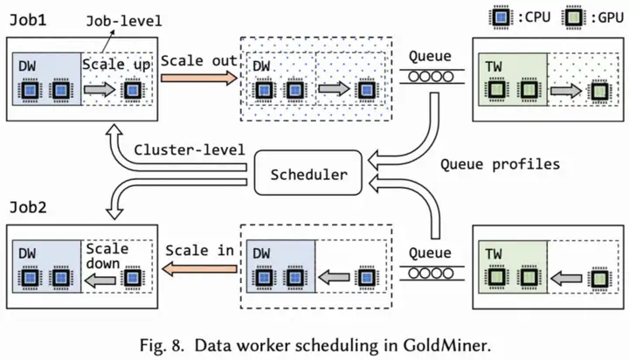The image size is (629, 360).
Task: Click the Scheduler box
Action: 308,173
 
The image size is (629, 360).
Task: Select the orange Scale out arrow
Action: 199,78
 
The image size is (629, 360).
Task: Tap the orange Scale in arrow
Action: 199,268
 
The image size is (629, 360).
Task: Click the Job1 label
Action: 28,20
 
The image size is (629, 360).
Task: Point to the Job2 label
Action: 28,207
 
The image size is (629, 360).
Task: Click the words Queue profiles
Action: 500,164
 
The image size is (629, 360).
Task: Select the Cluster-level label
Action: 190,149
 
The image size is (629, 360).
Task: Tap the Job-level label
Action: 124,21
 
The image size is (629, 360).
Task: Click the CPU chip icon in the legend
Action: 501,17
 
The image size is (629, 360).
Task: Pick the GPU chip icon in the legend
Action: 573,17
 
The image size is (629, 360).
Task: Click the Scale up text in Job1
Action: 116,65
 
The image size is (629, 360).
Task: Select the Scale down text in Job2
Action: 107,256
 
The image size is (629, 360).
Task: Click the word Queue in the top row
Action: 430,56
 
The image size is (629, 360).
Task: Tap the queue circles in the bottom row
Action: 431,273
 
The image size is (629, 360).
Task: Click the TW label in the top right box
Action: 494,66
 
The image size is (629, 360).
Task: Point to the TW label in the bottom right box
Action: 494,253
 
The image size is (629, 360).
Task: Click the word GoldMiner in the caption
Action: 447,345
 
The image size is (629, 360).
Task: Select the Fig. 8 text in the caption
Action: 162,345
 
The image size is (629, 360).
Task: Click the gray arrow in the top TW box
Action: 565,91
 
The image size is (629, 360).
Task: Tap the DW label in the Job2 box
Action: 27,253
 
